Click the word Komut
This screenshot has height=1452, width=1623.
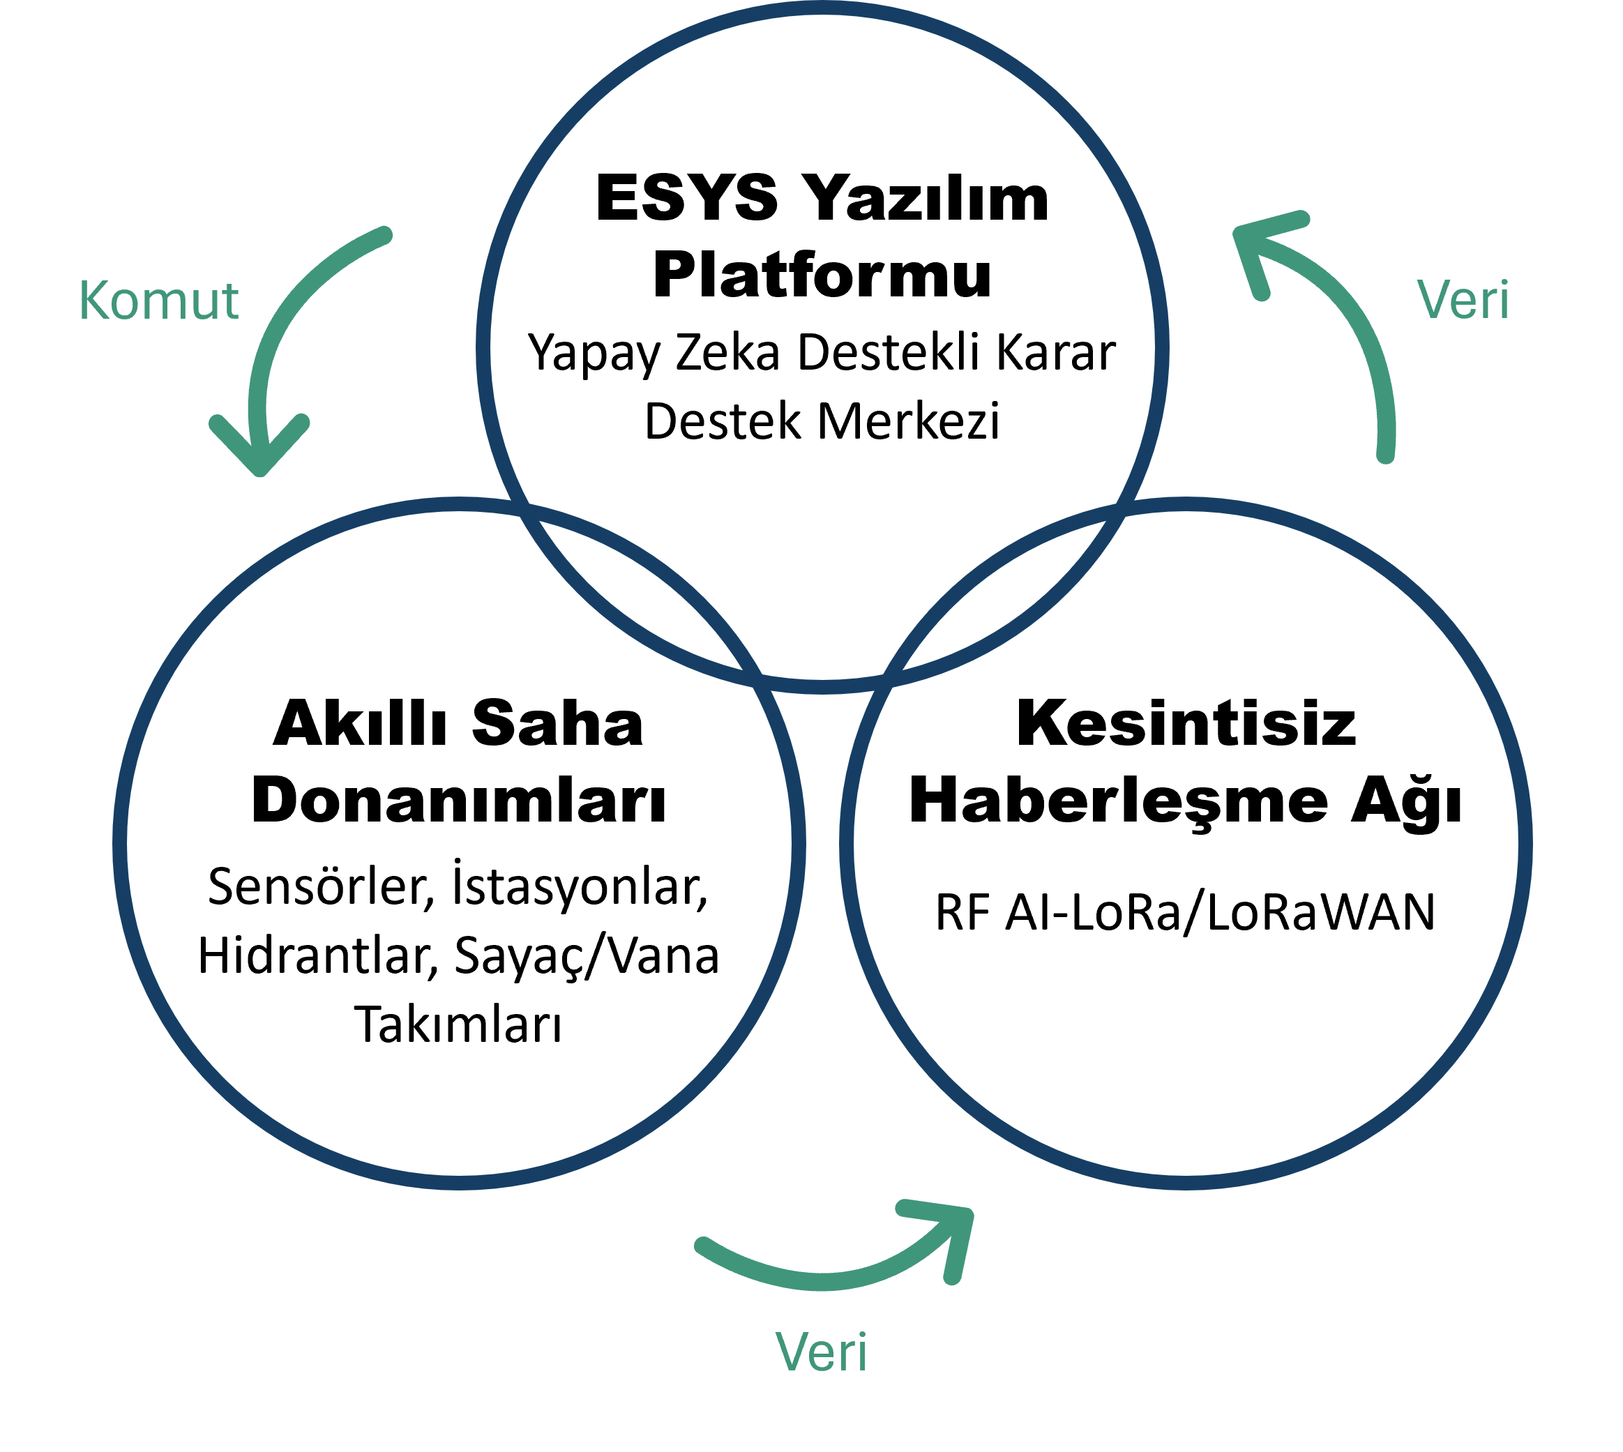click(159, 300)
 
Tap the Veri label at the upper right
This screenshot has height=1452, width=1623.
click(1463, 300)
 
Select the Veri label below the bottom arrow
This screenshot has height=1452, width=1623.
click(821, 1352)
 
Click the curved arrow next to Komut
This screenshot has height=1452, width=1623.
click(275, 343)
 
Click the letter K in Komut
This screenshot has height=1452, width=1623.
click(93, 300)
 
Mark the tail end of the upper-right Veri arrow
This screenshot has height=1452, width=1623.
click(1386, 455)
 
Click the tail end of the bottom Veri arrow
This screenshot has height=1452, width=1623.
click(703, 1246)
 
